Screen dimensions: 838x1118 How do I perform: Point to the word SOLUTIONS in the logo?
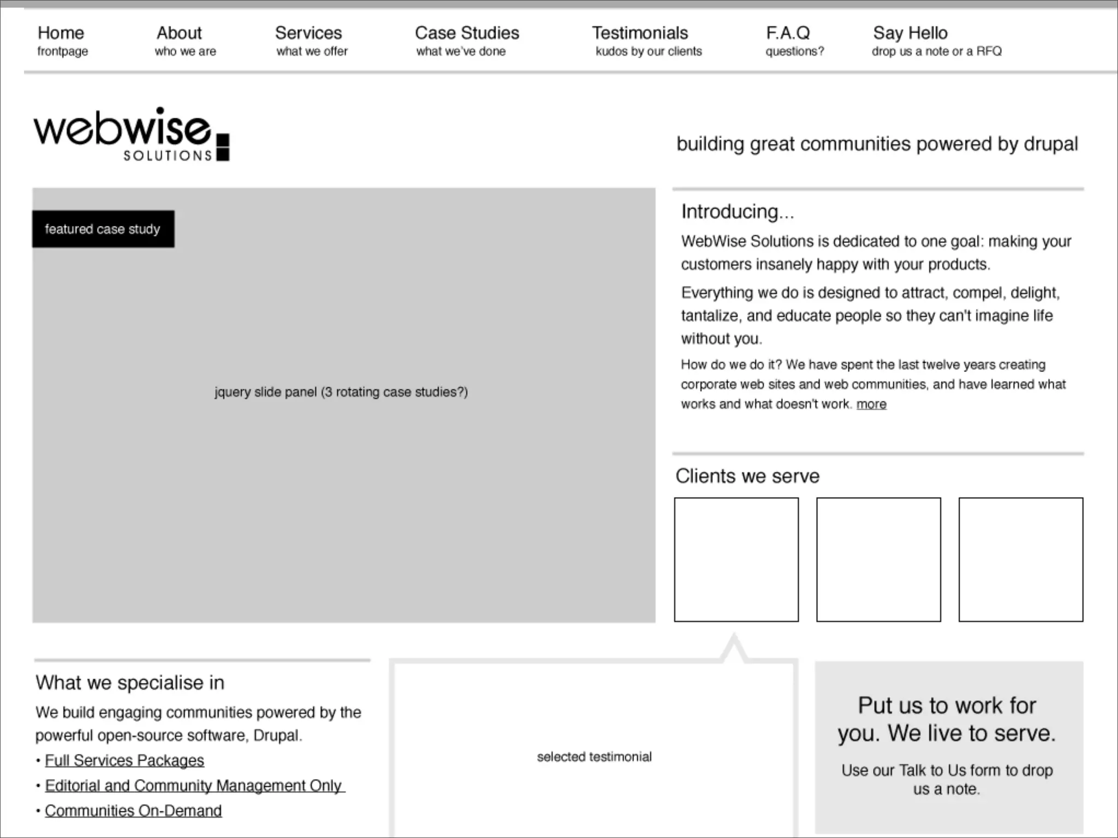click(x=168, y=156)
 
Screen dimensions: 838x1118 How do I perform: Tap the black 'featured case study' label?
click(x=103, y=229)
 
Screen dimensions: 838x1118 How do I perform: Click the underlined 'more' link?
click(x=871, y=404)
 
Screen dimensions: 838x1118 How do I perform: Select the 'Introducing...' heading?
click(x=737, y=212)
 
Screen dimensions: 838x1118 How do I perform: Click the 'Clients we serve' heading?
click(x=747, y=476)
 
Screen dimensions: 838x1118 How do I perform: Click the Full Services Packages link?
click(x=124, y=761)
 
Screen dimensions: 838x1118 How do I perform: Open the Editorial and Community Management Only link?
click(x=194, y=786)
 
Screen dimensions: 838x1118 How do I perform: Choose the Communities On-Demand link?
click(x=133, y=811)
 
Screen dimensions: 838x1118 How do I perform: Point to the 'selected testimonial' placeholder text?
click(x=594, y=757)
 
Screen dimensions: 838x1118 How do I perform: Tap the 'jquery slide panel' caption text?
click(x=341, y=392)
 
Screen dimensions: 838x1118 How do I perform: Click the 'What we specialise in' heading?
click(x=130, y=683)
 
